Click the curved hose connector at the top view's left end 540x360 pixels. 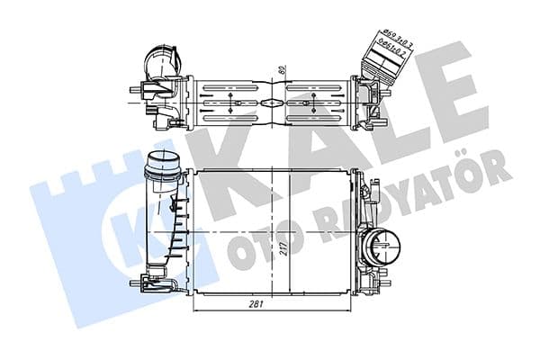coord(163,64)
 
